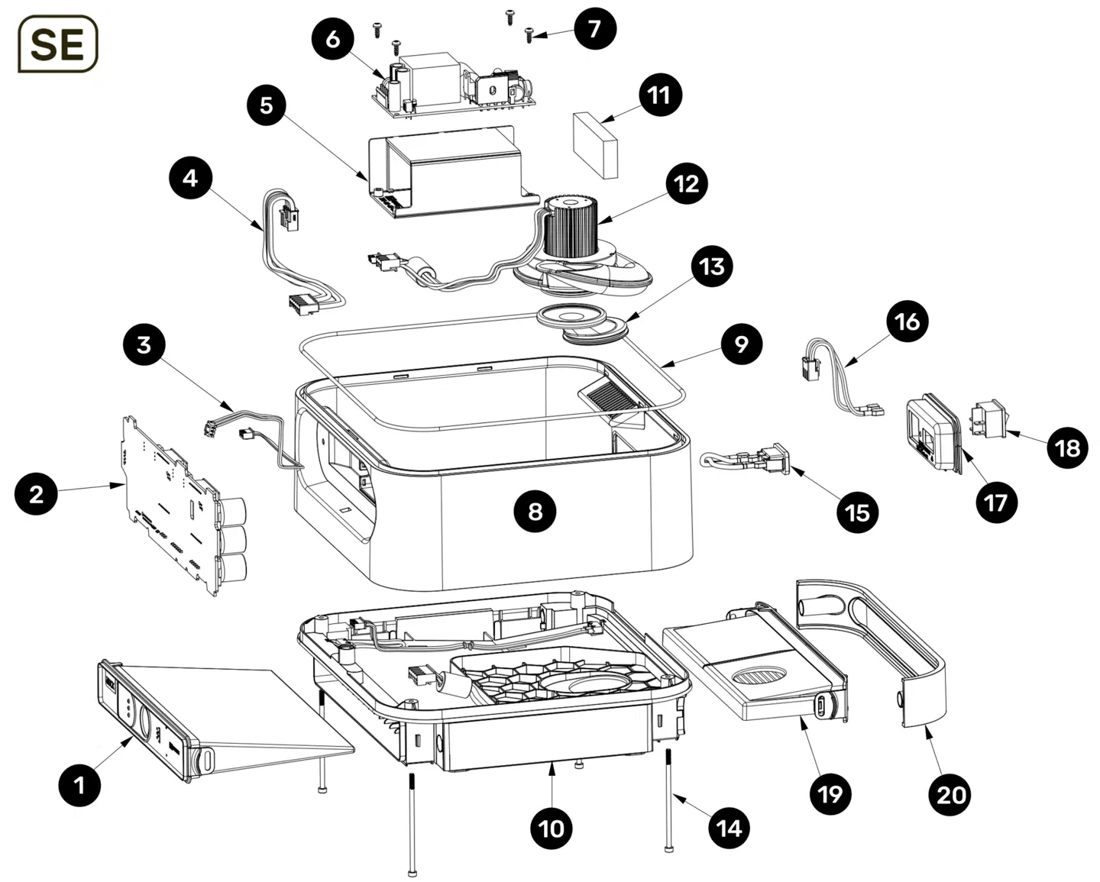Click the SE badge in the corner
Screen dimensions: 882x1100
point(58,44)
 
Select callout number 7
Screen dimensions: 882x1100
point(594,29)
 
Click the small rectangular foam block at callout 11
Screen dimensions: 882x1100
point(595,144)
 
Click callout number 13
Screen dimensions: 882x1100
point(712,267)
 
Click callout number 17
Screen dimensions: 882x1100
point(996,502)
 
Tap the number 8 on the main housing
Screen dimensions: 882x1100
point(535,511)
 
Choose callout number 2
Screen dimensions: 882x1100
point(37,494)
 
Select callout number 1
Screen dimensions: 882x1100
point(80,785)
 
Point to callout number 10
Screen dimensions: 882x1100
point(552,829)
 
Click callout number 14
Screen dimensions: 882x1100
point(730,828)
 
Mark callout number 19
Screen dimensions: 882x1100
point(830,794)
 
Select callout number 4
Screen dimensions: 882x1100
point(190,178)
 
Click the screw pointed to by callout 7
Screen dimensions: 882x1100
point(529,34)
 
